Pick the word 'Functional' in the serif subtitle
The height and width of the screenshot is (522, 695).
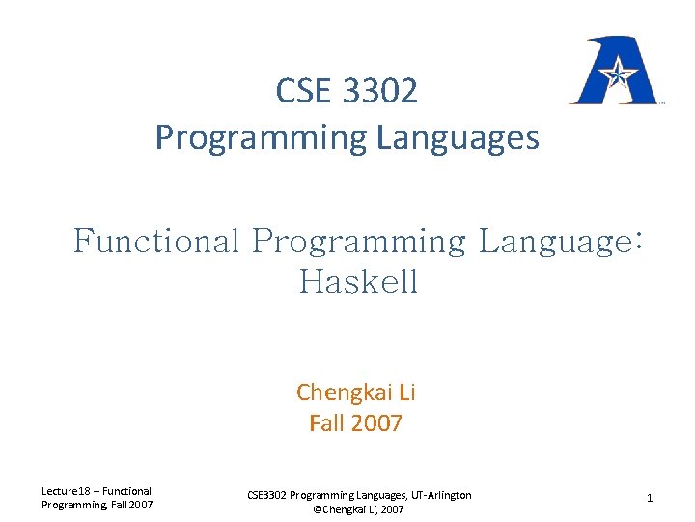[x=155, y=241]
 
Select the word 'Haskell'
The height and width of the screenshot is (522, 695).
[x=358, y=282]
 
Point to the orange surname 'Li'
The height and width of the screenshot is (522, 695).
[x=405, y=392]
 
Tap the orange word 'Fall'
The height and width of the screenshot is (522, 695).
[x=325, y=422]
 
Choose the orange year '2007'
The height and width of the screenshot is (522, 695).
[x=375, y=422]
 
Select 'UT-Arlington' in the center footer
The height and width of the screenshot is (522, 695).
[x=437, y=495]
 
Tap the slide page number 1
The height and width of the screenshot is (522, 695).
[x=650, y=498]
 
